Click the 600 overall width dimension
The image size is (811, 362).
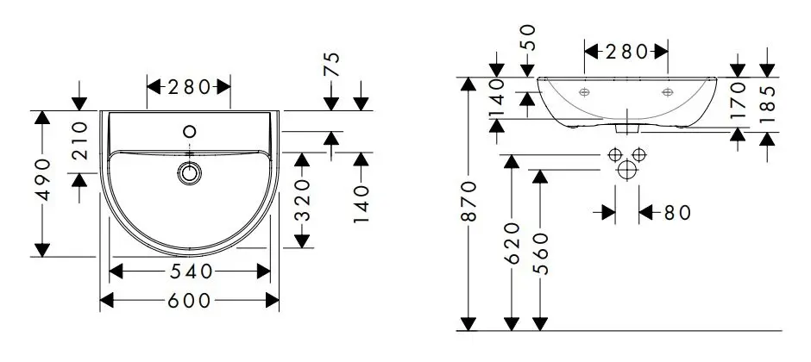pyautogui.click(x=188, y=300)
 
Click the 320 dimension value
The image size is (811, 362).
pyautogui.click(x=301, y=200)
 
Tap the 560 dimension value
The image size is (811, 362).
pyautogui.click(x=539, y=251)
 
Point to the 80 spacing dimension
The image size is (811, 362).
pyautogui.click(x=678, y=212)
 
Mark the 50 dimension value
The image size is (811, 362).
pyautogui.click(x=528, y=38)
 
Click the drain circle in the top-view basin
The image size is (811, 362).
pyautogui.click(x=191, y=172)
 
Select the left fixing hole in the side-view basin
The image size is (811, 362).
pyautogui.click(x=584, y=91)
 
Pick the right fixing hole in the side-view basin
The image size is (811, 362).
pyautogui.click(x=667, y=91)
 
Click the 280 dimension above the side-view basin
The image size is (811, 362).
pyautogui.click(x=626, y=52)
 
